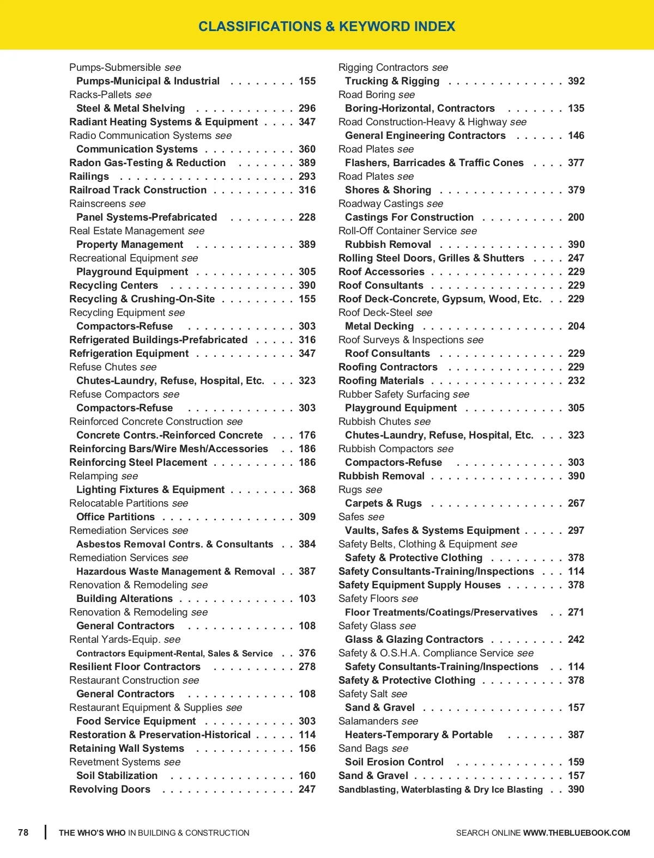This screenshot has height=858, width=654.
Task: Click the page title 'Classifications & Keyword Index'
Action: [x=326, y=26]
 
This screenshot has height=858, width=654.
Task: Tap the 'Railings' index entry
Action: [x=89, y=177]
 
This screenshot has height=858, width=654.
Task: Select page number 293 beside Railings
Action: [x=307, y=177]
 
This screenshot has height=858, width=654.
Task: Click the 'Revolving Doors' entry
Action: [x=110, y=789]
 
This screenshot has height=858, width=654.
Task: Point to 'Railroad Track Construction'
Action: [x=138, y=190]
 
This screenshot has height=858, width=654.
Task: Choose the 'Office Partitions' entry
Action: [x=116, y=517]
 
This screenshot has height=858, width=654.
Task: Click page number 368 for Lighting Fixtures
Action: [x=307, y=490]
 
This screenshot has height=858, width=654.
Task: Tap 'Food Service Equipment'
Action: [x=136, y=721]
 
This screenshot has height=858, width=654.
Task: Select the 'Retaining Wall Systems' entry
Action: [x=126, y=749]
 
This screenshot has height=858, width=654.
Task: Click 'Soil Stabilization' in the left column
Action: [x=117, y=776]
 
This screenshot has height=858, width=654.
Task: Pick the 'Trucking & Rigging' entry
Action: [x=392, y=81]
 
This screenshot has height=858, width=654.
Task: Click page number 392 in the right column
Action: [x=576, y=81]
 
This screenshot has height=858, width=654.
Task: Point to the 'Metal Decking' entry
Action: [x=379, y=326]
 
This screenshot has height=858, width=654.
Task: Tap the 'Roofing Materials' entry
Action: [x=381, y=381]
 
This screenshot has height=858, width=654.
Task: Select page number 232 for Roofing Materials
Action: [x=576, y=381]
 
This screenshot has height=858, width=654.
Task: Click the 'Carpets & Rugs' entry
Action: [x=383, y=503]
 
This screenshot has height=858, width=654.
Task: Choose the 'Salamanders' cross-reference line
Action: [x=378, y=721]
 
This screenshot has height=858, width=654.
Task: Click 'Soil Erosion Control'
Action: [x=394, y=762]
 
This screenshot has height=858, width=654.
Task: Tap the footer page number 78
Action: [x=23, y=832]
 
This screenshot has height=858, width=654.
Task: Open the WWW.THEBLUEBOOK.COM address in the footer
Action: [x=577, y=833]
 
